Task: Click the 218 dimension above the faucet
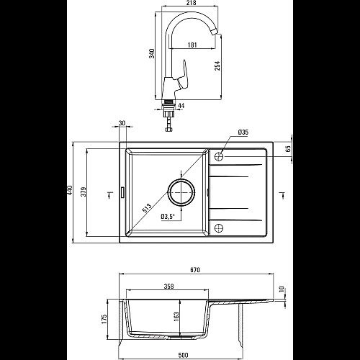191,3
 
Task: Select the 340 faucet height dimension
152,53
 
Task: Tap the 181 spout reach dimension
192,45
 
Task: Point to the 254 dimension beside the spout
217,66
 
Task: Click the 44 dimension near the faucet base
181,105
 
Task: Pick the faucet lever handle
183,76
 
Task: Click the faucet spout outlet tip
215,32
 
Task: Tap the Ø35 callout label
243,132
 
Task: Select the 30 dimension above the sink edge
122,123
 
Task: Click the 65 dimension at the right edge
288,148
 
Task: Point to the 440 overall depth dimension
70,190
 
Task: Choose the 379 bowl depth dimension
84,192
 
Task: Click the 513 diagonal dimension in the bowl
147,208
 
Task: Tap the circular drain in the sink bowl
181,192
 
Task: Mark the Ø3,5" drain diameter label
168,217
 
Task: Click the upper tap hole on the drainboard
219,156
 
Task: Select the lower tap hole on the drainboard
219,228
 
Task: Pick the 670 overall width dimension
195,270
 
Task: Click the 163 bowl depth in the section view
176,317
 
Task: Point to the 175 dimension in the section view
104,319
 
